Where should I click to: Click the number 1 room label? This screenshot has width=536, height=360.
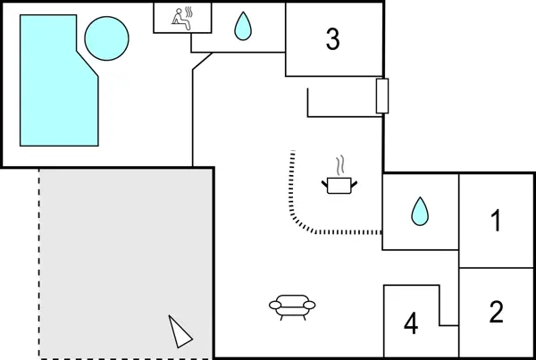coord(497,221)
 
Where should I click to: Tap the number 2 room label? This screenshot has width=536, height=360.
coord(497,312)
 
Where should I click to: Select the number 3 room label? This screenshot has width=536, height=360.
coord(332,39)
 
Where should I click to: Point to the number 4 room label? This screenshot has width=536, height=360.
coord(411,323)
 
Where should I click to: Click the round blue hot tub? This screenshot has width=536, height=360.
coord(106,38)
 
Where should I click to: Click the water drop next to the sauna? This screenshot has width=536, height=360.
coord(242,28)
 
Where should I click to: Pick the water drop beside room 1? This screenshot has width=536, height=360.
coord(419,211)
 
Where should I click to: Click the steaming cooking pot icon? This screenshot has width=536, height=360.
coord(339,183)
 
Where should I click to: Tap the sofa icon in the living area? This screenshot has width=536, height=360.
coord(292,307)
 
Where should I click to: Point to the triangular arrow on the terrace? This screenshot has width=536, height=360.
coord(180,331)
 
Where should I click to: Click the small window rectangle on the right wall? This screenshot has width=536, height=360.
coord(382,96)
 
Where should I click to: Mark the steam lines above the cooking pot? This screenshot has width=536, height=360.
coord(339,166)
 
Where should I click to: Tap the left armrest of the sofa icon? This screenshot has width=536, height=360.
coord(273,306)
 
